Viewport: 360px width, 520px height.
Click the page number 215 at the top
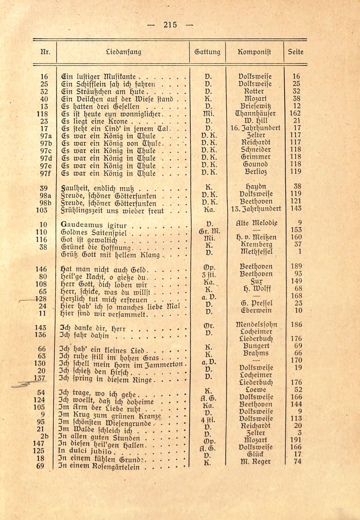click(170, 25)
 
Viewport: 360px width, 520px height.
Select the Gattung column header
click(207, 52)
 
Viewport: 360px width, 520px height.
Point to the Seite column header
click(296, 52)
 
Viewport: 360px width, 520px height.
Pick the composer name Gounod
click(254, 164)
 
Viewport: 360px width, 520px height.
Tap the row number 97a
click(44, 135)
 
